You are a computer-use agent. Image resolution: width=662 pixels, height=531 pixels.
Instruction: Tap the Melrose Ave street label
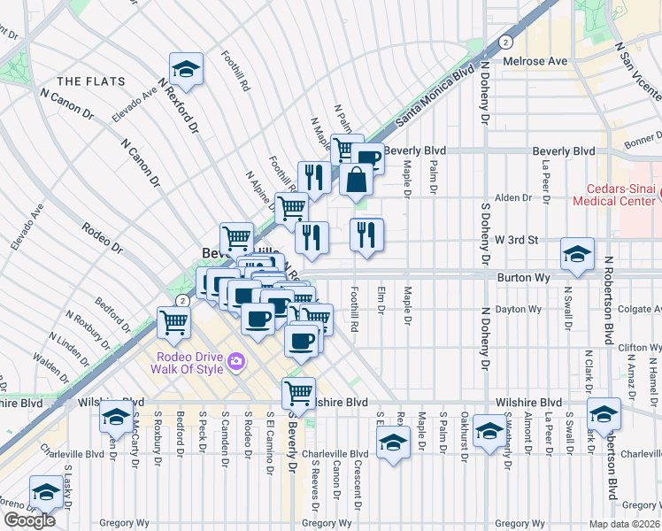click(535, 61)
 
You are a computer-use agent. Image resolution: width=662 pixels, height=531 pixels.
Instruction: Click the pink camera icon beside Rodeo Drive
click(235, 361)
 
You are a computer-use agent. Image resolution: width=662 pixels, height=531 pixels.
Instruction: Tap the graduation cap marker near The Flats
click(187, 69)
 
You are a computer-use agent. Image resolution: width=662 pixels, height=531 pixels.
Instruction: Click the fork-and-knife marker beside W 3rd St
click(366, 235)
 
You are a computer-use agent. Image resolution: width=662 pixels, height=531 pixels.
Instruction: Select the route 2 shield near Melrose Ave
click(504, 42)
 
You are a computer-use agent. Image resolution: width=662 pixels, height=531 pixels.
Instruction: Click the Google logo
click(29, 520)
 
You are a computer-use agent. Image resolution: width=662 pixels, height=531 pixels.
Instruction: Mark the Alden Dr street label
click(512, 198)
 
